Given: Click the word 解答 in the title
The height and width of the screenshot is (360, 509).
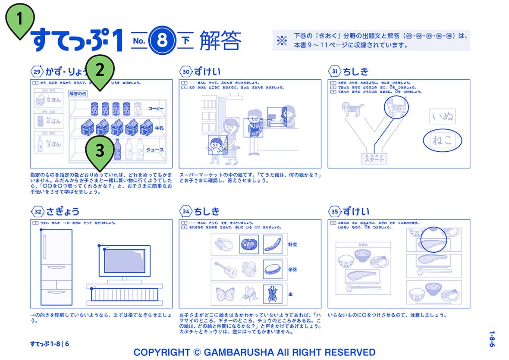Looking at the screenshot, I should click(x=220, y=41).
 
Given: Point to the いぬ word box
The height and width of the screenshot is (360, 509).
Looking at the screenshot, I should click(x=442, y=117).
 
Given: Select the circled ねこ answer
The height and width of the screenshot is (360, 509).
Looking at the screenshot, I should click(x=442, y=140).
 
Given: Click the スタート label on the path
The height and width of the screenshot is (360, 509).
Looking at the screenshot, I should click(x=374, y=159).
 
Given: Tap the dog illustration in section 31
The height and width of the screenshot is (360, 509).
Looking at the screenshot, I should click(x=350, y=109).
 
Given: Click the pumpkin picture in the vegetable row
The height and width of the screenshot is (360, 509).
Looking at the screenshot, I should click(x=249, y=244).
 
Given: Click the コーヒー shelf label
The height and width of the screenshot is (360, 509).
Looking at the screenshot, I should click(x=156, y=109).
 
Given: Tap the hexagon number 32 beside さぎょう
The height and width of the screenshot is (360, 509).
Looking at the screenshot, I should click(x=38, y=211).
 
